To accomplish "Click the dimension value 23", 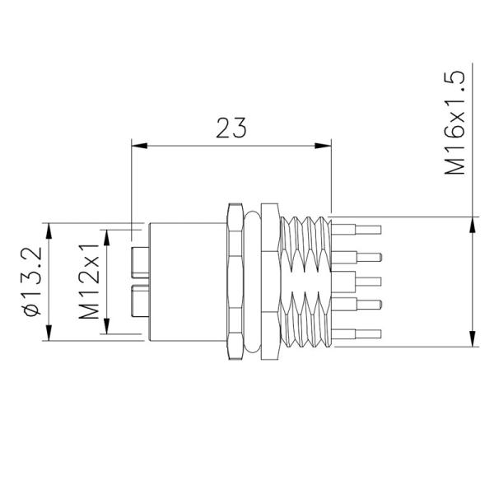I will click(x=231, y=128).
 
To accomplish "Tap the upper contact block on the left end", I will click(x=140, y=261).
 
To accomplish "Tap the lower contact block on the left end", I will click(x=140, y=300).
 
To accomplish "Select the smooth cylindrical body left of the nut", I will click(x=185, y=280).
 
